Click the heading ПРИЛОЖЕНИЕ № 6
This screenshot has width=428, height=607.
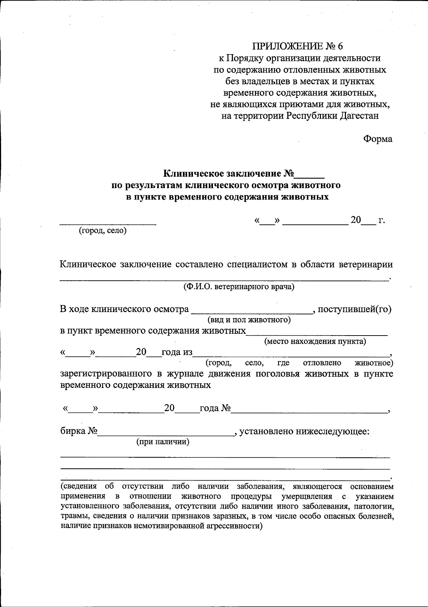297,46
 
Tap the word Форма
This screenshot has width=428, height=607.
378,139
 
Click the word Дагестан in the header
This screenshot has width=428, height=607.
360,116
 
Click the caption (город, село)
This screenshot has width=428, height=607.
103,231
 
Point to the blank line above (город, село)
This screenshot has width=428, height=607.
107,223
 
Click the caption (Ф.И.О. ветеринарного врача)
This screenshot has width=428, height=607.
239,287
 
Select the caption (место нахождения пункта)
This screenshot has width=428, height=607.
315,342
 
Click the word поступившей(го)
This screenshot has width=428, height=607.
355,309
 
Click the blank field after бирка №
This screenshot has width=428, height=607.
165,433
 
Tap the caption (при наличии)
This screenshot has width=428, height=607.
163,442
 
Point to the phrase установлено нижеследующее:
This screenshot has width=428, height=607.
304,432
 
